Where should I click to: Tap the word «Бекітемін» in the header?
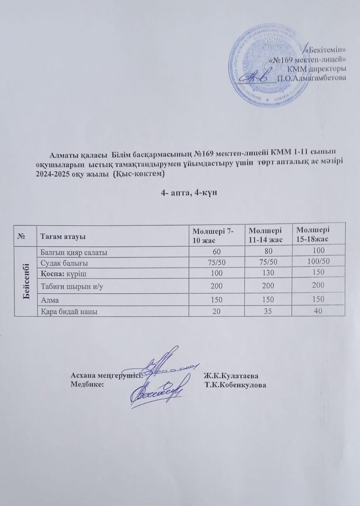click(x=326, y=50)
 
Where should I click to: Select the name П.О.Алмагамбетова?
click(x=312, y=77)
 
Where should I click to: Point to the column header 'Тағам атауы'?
click(x=61, y=236)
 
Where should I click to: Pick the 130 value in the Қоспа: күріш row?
click(x=267, y=273)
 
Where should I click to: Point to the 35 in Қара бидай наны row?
click(x=267, y=312)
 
